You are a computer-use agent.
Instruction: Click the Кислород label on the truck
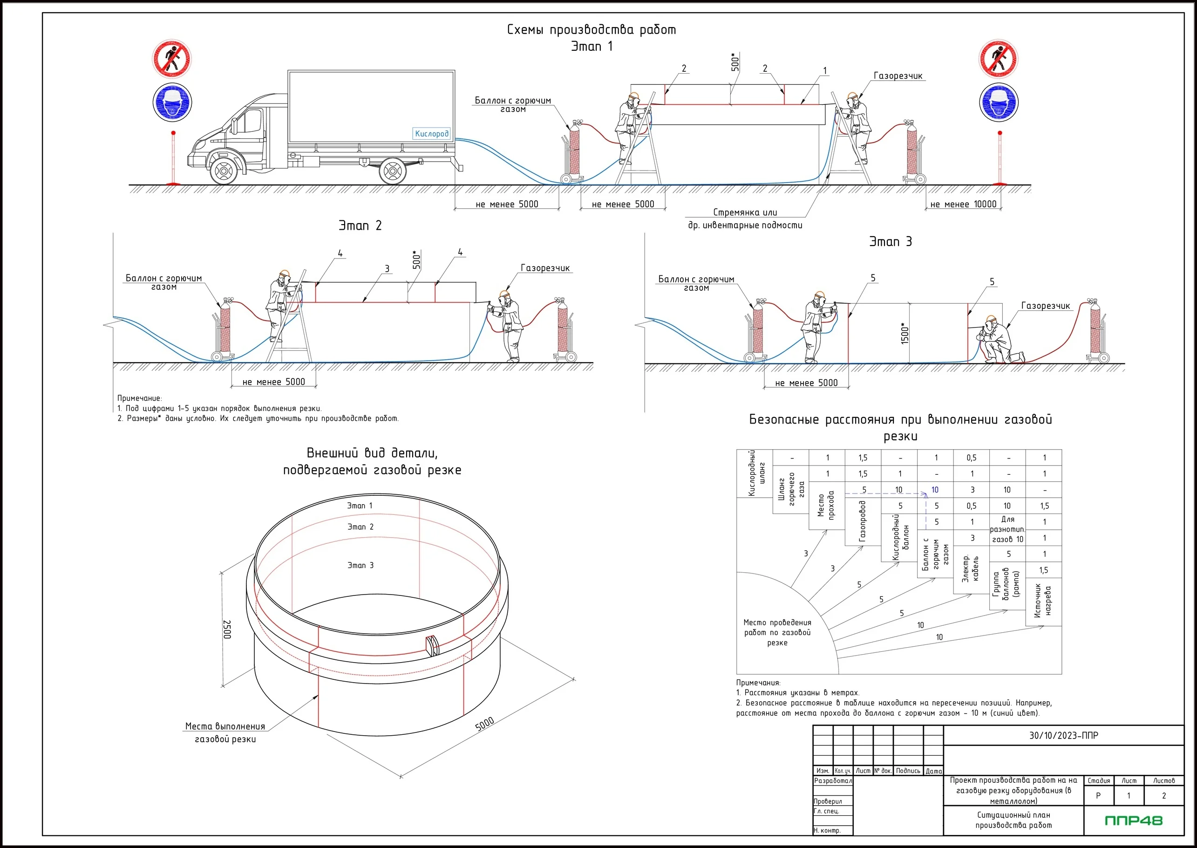[x=431, y=134]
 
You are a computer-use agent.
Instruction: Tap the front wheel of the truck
[x=224, y=171]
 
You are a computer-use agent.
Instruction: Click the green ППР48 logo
[x=1133, y=821]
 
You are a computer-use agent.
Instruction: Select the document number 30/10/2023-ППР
[x=1063, y=735]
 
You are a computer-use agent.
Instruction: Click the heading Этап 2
[x=360, y=226]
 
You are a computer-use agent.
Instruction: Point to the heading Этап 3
[x=891, y=241]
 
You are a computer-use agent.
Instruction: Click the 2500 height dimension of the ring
[x=227, y=629]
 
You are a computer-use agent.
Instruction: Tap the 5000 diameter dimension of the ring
[x=484, y=724]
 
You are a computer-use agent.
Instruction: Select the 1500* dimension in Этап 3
[x=905, y=333]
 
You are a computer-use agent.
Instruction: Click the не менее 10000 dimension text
[x=963, y=204]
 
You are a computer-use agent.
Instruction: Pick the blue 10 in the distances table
[x=935, y=490]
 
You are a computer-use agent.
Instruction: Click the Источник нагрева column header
[x=1043, y=601]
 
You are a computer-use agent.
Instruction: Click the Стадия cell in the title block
[x=1098, y=780]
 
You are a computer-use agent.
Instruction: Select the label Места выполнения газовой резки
[x=225, y=732]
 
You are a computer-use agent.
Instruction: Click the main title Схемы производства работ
[x=592, y=30]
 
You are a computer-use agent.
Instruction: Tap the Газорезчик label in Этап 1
[x=898, y=75]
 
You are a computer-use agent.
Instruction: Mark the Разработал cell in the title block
[x=833, y=780]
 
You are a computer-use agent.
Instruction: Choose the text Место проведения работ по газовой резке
[x=777, y=632]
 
